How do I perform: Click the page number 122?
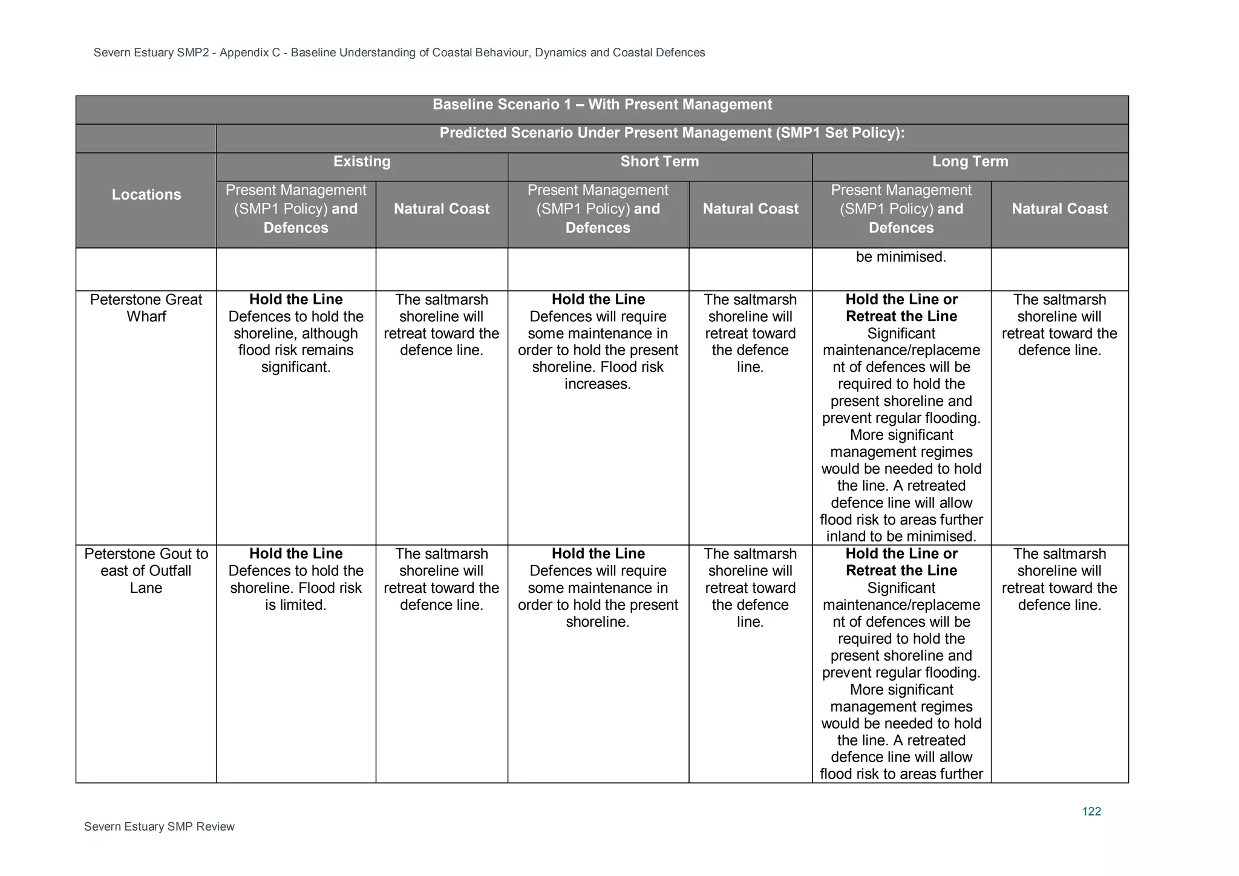click(x=1091, y=811)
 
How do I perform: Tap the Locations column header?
click(x=146, y=195)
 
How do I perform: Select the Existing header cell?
click(x=362, y=162)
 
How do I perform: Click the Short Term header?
click(x=659, y=162)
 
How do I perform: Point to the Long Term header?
click(x=970, y=162)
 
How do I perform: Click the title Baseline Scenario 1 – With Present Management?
click(x=602, y=105)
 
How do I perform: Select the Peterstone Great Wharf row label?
click(x=146, y=308)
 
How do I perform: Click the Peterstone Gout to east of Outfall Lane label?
click(x=146, y=570)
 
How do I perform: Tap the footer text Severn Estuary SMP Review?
click(x=159, y=826)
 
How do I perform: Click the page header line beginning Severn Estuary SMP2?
click(x=399, y=53)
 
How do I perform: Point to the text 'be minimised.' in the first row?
click(x=901, y=257)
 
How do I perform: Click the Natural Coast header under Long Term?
click(x=1059, y=209)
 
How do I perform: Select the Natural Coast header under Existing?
click(x=442, y=209)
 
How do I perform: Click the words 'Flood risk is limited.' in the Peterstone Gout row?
click(x=296, y=597)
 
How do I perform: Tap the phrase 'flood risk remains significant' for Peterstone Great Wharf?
click(x=296, y=359)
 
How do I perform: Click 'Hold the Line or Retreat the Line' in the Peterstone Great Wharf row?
click(x=901, y=308)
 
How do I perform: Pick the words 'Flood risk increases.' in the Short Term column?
click(x=598, y=376)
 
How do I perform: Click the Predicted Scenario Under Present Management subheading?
click(x=672, y=133)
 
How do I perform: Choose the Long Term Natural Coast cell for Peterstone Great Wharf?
click(x=1059, y=325)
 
